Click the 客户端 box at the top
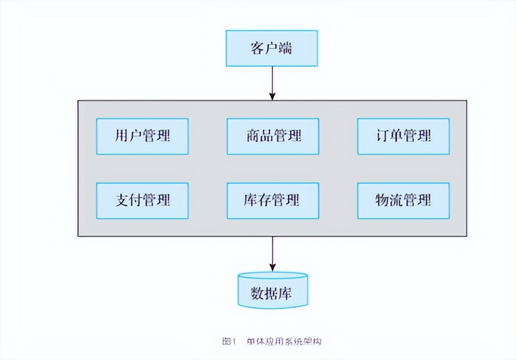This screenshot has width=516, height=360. [271, 48]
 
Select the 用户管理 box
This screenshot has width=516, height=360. [142, 136]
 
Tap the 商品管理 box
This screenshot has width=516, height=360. [273, 136]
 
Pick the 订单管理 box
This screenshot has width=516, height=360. [403, 136]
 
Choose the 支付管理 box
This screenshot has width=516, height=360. [142, 200]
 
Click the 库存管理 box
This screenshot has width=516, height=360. [273, 200]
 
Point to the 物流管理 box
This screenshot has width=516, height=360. [403, 200]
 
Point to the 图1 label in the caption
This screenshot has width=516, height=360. [229, 341]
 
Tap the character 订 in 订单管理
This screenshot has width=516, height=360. [382, 136]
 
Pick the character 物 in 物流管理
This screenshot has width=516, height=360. [382, 200]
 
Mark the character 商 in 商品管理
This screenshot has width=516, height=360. [253, 136]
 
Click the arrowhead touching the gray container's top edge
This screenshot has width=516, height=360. [273, 97]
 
